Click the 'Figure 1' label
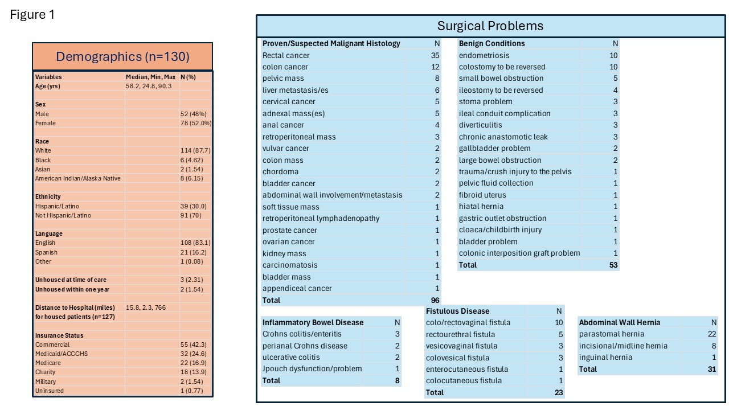tap(32, 15)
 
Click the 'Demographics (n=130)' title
tap(122, 56)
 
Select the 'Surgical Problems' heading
tap(490, 26)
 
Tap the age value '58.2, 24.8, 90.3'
tap(149, 86)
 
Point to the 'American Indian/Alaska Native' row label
tap(78, 178)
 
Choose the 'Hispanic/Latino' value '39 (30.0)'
tap(194, 206)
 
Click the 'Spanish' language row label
tap(46, 252)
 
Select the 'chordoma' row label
tap(280, 171)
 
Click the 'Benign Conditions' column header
tap(492, 43)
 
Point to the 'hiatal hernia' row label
tap(481, 207)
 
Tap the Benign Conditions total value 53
tap(613, 265)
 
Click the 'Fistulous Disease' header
tap(458, 311)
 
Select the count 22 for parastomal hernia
tap(712, 334)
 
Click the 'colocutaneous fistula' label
tap(464, 381)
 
